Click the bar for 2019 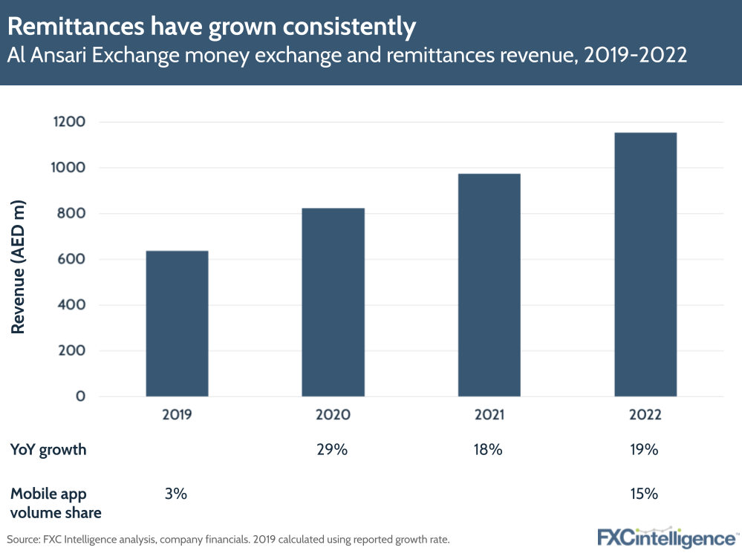177,324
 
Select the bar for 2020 333,302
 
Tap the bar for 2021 489,285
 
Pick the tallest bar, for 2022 645,264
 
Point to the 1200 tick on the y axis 70,122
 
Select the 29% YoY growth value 332,450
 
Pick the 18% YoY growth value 489,450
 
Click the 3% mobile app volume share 176,494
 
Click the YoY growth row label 48,450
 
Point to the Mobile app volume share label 56,503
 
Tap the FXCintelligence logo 666,537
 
